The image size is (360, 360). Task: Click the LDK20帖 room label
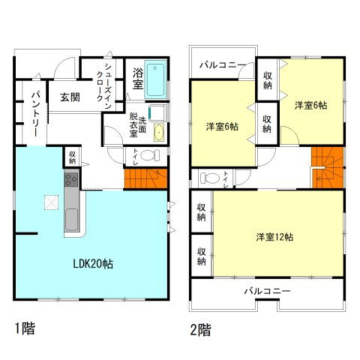pyautogui.click(x=92, y=263)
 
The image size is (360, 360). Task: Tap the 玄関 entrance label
pyautogui.click(x=70, y=97)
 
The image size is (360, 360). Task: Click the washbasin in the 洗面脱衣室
pyautogui.click(x=159, y=133)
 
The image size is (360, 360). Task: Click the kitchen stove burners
pyautogui.click(x=72, y=179)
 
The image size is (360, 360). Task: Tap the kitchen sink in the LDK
pyautogui.click(x=72, y=220)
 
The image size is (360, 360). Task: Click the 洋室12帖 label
pyautogui.click(x=274, y=237)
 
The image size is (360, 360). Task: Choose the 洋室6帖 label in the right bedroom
pyautogui.click(x=310, y=105)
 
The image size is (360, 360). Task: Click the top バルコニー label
pyautogui.click(x=221, y=65)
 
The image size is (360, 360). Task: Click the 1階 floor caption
pyautogui.click(x=25, y=328)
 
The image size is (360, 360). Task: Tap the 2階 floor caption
pyautogui.click(x=200, y=328)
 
